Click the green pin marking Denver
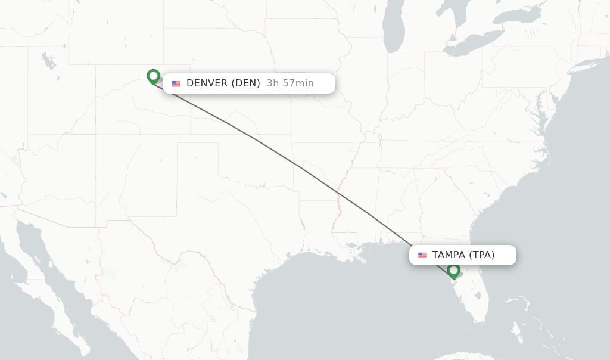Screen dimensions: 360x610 pyautogui.click(x=153, y=76)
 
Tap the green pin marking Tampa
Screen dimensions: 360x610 pyautogui.click(x=453, y=271)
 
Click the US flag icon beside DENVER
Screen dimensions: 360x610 pyautogui.click(x=176, y=83)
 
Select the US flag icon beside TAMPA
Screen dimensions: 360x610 pyautogui.click(x=422, y=255)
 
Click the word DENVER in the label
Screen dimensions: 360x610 pyautogui.click(x=207, y=83)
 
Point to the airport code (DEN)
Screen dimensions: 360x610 pyautogui.click(x=245, y=83)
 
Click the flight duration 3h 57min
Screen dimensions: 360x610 pyautogui.click(x=290, y=83)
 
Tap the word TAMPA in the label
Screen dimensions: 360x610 pyautogui.click(x=449, y=255)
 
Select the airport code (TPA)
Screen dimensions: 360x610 pyautogui.click(x=481, y=255)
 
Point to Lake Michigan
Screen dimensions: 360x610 pyautogui.click(x=394, y=30)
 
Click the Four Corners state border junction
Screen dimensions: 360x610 pyautogui.click(x=96, y=135)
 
